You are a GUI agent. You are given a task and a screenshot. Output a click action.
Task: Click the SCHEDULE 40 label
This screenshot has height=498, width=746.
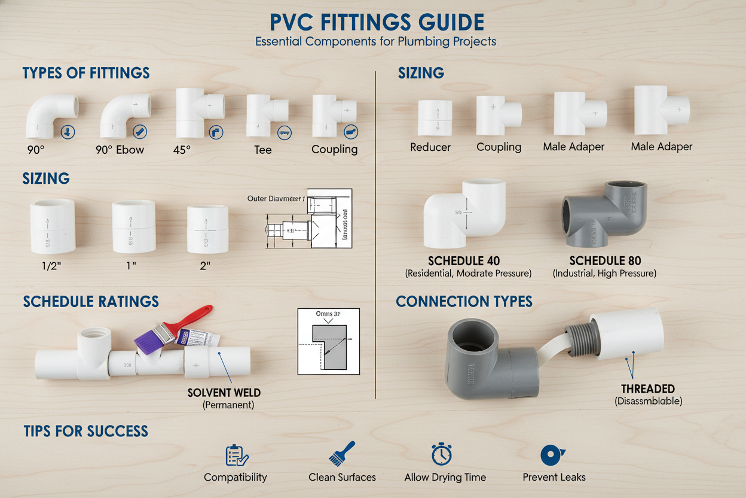click(464, 260)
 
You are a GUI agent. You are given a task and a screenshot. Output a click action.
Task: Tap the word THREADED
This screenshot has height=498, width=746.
click(648, 389)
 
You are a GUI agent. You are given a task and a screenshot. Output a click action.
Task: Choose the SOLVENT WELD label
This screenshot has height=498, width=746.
click(224, 393)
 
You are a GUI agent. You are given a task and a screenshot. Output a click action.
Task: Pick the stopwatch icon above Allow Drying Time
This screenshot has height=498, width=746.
click(441, 454)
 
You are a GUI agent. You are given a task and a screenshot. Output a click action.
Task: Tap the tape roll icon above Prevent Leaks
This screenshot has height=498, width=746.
click(552, 455)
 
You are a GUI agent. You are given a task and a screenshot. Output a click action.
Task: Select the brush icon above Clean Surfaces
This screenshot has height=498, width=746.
click(342, 454)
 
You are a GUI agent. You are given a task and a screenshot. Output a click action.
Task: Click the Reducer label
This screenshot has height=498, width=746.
click(430, 147)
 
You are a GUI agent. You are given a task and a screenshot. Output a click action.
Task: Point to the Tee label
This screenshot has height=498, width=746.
click(263, 150)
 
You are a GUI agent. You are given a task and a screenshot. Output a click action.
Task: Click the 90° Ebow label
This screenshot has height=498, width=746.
click(120, 150)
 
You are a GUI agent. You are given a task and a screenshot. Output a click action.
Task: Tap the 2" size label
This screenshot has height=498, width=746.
click(205, 266)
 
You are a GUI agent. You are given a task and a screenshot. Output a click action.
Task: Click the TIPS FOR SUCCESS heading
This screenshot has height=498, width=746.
click(86, 430)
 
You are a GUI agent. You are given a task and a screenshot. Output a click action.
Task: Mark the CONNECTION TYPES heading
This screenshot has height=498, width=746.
click(464, 301)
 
